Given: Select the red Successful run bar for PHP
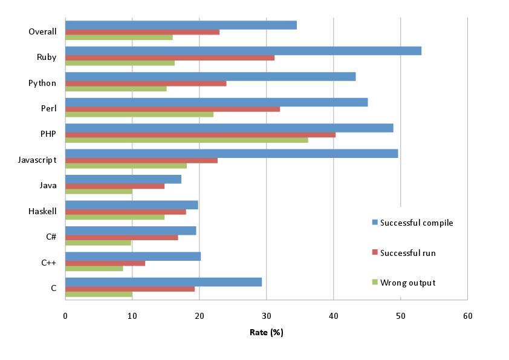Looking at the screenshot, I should tap(200, 134).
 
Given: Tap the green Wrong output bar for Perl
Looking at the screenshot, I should tap(139, 114).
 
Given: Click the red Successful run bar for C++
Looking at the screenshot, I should tap(105, 263).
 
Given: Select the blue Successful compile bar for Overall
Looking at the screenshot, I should tap(181, 25).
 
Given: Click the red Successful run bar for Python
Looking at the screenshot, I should tap(146, 83).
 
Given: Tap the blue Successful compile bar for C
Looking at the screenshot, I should tap(163, 282).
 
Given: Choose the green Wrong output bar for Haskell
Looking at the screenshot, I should tap(115, 217).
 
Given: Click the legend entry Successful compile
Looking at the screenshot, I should tap(417, 223).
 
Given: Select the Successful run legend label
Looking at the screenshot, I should tap(407, 252).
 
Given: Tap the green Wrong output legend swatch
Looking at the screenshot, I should tap(374, 282).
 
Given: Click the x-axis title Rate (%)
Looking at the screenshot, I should tap(266, 332).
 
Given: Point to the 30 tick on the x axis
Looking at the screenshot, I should tap(266, 315).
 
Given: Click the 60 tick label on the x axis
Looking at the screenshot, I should tap(467, 315).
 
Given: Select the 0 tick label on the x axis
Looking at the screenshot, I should tap(65, 315).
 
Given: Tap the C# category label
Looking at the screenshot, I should tap(51, 237).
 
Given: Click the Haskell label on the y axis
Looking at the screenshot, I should tap(42, 211).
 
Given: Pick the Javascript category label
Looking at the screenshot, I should tap(37, 160).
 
